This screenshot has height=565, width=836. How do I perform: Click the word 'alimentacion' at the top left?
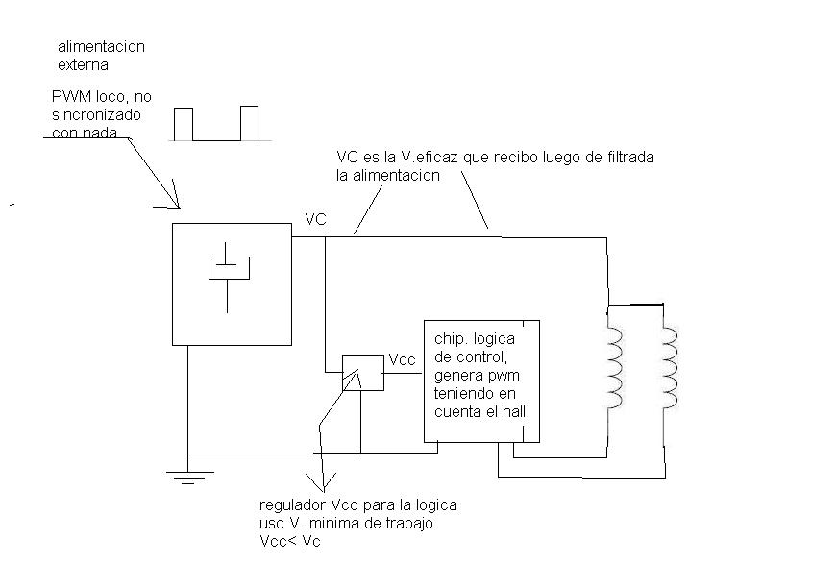[101, 47]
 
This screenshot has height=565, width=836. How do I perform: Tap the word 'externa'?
[84, 65]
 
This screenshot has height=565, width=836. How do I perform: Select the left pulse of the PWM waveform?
[184, 124]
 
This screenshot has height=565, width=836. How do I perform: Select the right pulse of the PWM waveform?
[250, 123]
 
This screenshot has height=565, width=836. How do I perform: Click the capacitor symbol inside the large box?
[228, 277]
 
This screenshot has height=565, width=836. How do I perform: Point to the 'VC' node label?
[315, 220]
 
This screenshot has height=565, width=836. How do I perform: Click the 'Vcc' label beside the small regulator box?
[402, 359]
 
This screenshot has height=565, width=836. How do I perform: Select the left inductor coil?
[615, 368]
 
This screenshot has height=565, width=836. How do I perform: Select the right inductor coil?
[670, 368]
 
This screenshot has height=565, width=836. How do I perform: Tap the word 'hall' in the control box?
[514, 411]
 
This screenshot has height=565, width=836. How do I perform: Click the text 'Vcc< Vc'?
[290, 542]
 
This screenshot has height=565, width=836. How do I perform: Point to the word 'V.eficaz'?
[430, 158]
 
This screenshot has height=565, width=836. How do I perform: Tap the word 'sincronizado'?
[96, 115]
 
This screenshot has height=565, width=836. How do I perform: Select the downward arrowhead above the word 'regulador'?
[322, 481]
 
